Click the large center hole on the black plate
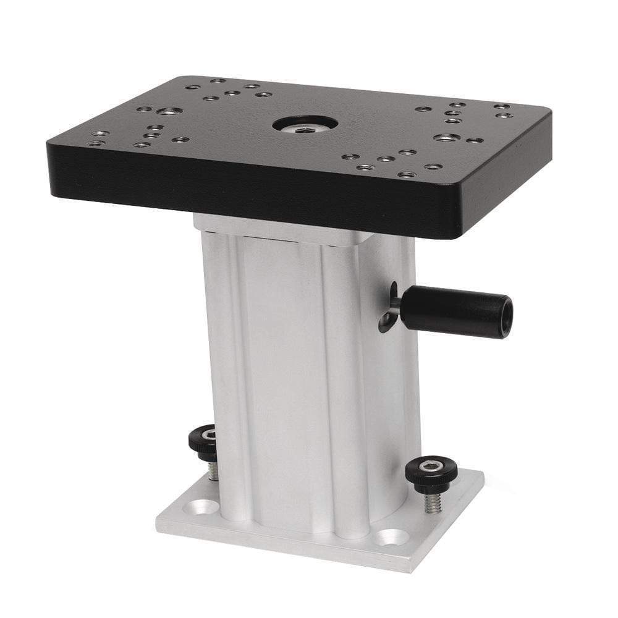tap(305, 123)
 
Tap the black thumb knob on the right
tap(431, 472)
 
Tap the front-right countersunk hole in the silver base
tap(391, 537)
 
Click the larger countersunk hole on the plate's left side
tap(169, 111)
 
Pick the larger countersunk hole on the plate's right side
tap(446, 137)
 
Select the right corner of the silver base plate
tap(484, 476)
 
